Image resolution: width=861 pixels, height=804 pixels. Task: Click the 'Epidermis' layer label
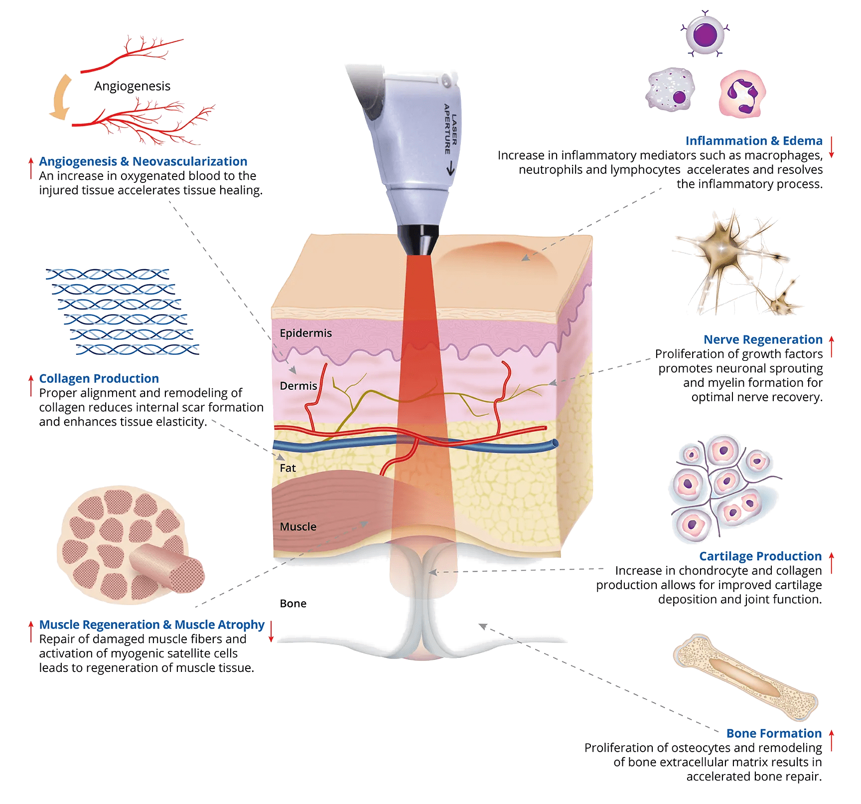pos(305,333)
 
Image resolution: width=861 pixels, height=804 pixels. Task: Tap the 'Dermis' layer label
pos(298,386)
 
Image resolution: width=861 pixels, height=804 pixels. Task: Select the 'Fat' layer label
pos(287,468)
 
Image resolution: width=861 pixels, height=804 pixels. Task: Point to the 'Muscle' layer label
pos(298,527)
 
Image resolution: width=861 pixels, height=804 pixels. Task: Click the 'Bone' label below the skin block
pos(293,604)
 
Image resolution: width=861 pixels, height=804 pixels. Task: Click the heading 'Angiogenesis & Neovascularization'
pos(143,161)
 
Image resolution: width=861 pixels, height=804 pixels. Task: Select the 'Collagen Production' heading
pos(99,379)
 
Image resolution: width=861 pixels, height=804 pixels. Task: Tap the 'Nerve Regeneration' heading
pos(763,340)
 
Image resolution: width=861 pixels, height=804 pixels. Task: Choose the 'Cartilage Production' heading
pos(760,556)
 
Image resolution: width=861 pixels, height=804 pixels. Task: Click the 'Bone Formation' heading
pos(774,734)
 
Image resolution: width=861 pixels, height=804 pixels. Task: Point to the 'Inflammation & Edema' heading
pos(754,141)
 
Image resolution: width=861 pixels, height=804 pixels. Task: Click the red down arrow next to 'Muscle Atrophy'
pos(272,632)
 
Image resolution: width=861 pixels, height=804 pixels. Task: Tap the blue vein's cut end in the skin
pos(555,443)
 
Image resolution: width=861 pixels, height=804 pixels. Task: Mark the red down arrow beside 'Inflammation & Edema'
pos(831,148)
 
